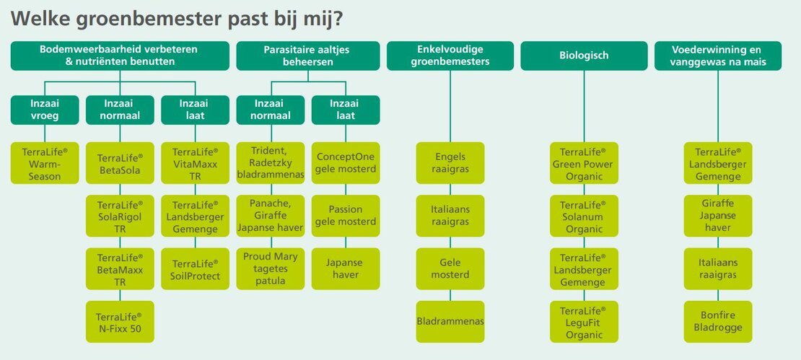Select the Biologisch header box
tap(584, 56)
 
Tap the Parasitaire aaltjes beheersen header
tap(307, 56)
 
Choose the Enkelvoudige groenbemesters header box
tap(450, 56)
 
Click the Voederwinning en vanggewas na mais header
tap(718, 56)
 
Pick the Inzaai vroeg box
tap(45, 110)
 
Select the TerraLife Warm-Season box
tap(45, 163)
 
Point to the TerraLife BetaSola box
tap(120, 163)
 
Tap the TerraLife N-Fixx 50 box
tap(120, 322)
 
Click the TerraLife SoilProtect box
tap(195, 268)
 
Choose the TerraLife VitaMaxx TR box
tap(195, 163)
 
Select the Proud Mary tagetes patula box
tap(270, 268)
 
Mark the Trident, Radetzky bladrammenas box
tap(270, 163)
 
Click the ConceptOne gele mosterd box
tap(346, 163)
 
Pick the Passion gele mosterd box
tap(346, 216)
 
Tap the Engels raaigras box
tap(450, 163)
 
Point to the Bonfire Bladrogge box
tap(718, 322)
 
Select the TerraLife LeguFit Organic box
tap(584, 322)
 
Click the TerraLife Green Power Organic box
tap(584, 163)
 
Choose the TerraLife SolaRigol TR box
tap(120, 216)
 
